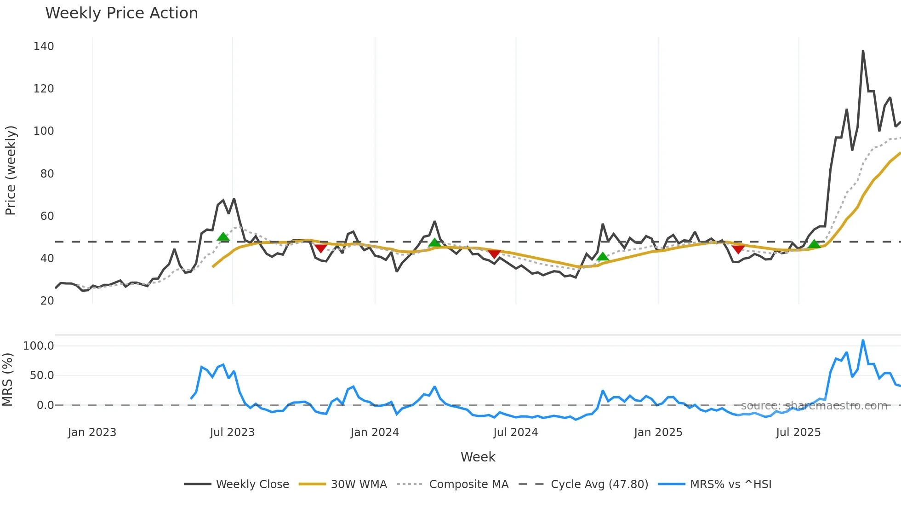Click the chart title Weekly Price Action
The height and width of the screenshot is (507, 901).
121,13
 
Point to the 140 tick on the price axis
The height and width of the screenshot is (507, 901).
44,46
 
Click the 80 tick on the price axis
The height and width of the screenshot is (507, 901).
47,174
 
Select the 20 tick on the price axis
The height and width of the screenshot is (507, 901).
47,301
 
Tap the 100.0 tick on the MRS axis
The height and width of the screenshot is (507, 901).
39,346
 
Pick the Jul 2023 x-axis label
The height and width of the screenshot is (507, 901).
232,432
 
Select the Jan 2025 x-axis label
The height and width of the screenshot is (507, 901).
658,432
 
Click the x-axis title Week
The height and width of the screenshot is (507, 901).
478,457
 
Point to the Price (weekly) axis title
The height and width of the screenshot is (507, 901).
11,170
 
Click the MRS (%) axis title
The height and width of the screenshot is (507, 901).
7,380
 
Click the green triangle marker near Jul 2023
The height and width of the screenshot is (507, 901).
223,237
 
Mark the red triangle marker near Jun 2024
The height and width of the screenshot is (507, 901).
494,254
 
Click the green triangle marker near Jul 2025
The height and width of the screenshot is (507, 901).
814,244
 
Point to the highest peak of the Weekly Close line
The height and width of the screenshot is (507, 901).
863,51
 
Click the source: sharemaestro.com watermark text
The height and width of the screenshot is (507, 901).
814,406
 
